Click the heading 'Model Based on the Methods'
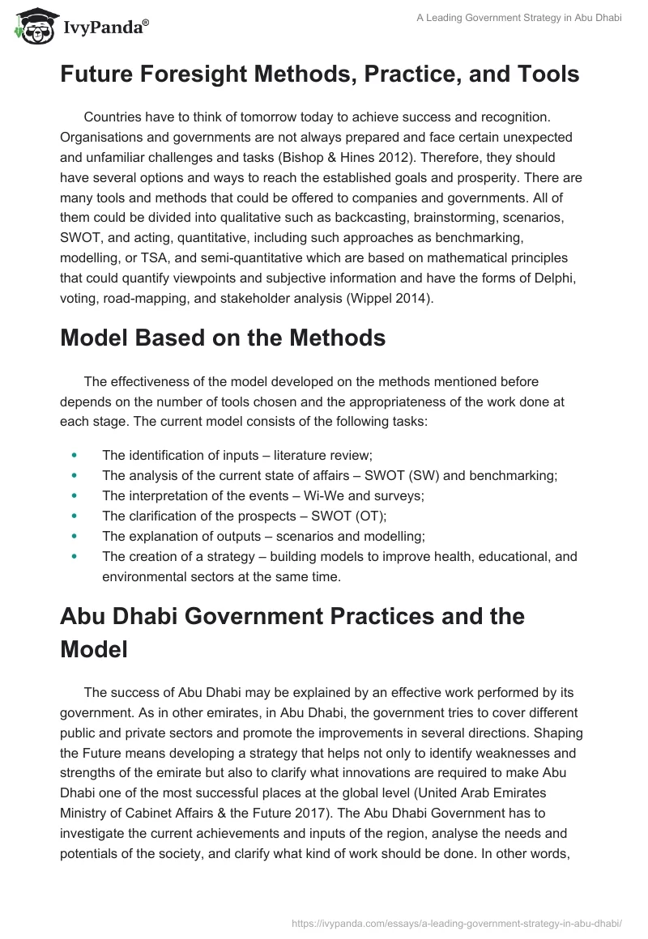(x=223, y=338)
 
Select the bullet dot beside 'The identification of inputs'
(x=75, y=455)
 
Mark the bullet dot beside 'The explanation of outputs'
(x=75, y=536)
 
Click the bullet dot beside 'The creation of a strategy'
(x=75, y=556)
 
